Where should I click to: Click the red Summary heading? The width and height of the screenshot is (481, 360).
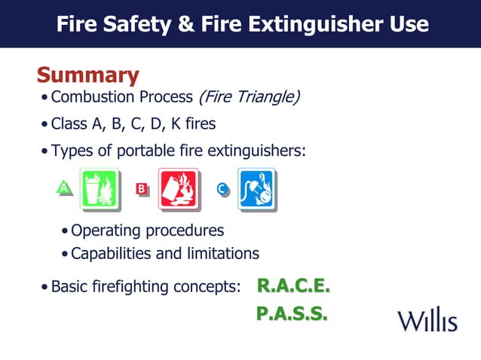[87, 75]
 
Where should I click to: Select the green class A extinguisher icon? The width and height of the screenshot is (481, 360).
[99, 188]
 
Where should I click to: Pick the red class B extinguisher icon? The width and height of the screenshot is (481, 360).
[178, 188]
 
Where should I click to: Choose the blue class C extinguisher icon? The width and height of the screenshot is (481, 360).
[257, 188]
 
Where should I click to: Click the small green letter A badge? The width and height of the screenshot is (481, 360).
[65, 187]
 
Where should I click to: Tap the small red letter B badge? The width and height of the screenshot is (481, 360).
[140, 188]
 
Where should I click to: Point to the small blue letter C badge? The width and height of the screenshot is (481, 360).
[222, 188]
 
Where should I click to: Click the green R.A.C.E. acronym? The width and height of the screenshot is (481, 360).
[293, 286]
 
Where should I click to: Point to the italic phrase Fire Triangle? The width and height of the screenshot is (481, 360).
[249, 97]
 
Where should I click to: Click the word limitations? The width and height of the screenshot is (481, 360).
[224, 253]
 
